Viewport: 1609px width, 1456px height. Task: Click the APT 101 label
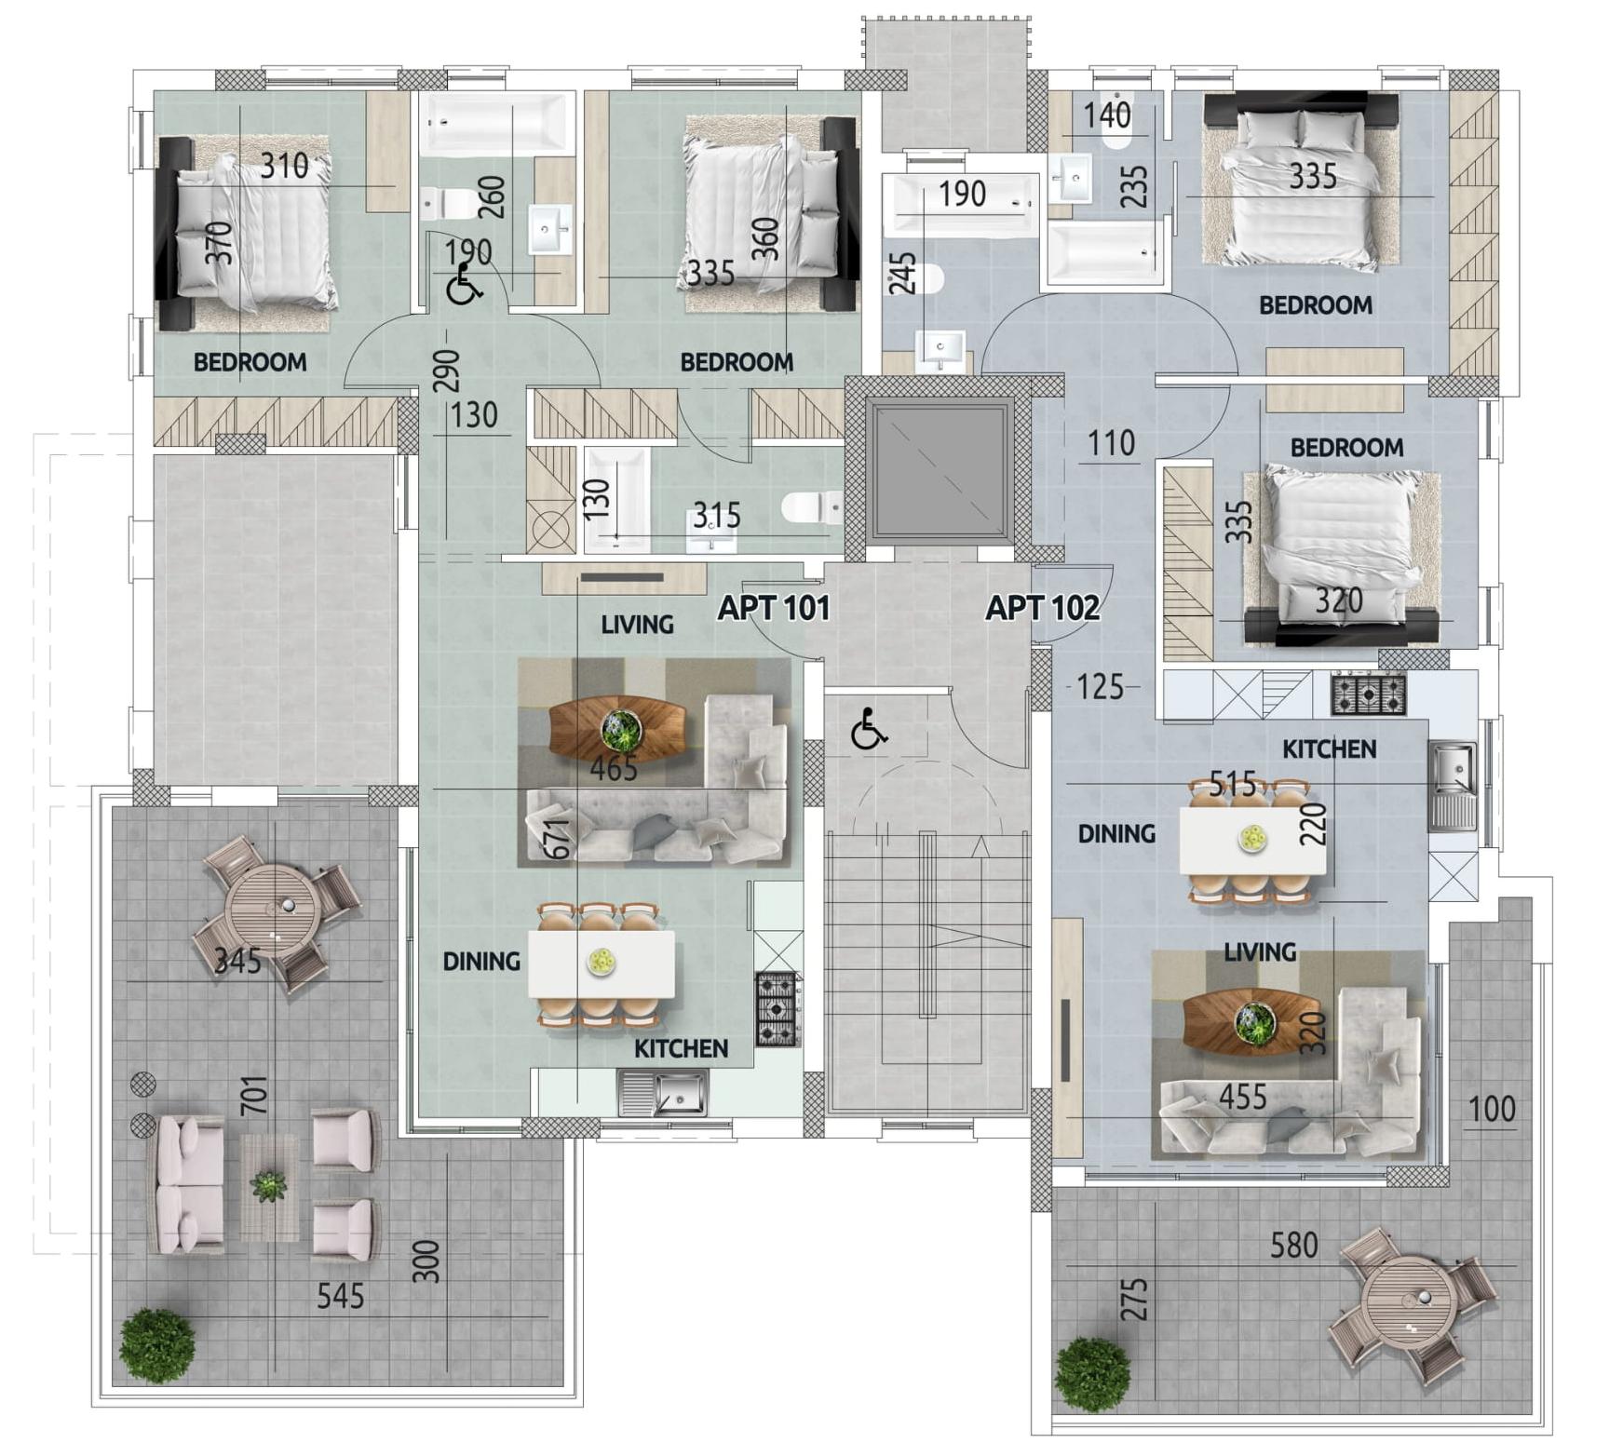pos(774,608)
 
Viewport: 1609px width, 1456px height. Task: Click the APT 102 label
pos(1042,608)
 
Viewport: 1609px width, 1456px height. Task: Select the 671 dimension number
pos(557,839)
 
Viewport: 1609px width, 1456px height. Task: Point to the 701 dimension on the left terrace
pos(253,1096)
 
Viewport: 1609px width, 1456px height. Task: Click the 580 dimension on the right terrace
pos(1294,1245)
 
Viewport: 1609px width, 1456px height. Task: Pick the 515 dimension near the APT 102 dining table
pos(1233,784)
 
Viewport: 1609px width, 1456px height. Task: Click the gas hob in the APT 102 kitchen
pos(1368,694)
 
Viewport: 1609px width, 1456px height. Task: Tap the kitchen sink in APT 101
pos(664,1093)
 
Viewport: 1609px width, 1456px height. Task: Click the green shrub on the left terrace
pos(157,1344)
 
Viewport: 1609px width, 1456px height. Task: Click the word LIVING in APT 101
pos(637,625)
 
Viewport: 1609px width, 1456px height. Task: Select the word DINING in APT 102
pos(1116,833)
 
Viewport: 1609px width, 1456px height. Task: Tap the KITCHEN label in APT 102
pos(1329,748)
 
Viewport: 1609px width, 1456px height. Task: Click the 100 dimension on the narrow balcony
pos(1492,1109)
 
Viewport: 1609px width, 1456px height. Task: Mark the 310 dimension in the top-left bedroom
pos(284,166)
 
